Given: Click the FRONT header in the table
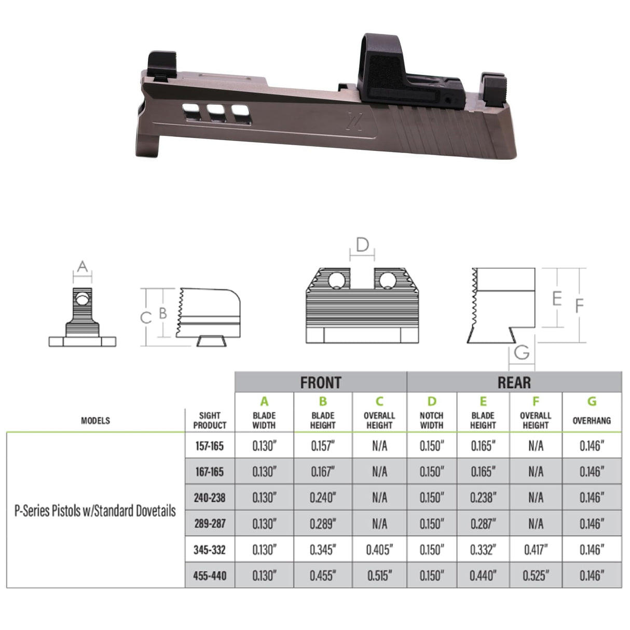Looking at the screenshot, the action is [x=320, y=382].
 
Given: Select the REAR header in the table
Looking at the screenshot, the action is [x=514, y=382].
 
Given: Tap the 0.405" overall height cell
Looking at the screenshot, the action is [x=379, y=550].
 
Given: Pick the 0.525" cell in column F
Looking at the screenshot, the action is [x=536, y=576].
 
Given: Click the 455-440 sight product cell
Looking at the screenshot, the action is [x=210, y=576].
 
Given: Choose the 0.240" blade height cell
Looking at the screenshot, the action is [x=323, y=498].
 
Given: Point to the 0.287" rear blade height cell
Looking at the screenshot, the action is [x=483, y=524].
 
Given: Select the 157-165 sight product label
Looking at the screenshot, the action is [x=210, y=446].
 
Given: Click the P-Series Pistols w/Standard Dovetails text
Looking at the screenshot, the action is [x=95, y=511].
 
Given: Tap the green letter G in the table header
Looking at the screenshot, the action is [x=592, y=401].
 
